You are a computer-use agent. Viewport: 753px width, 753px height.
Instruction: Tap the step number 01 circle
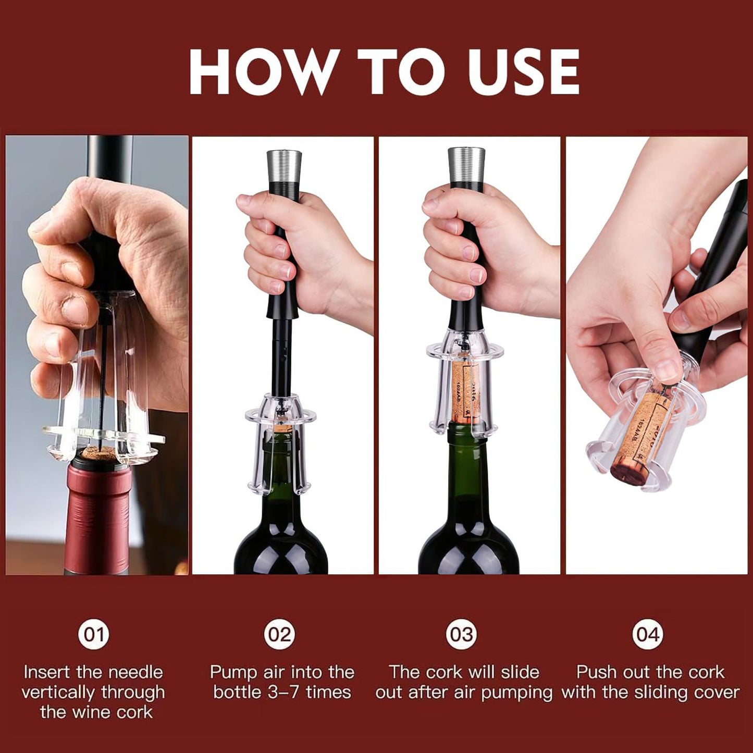(x=94, y=634)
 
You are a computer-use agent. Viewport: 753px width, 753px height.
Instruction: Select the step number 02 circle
(x=279, y=634)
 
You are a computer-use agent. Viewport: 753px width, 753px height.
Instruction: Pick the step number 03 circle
(x=462, y=634)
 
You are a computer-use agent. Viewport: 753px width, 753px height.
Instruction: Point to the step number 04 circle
(x=648, y=634)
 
